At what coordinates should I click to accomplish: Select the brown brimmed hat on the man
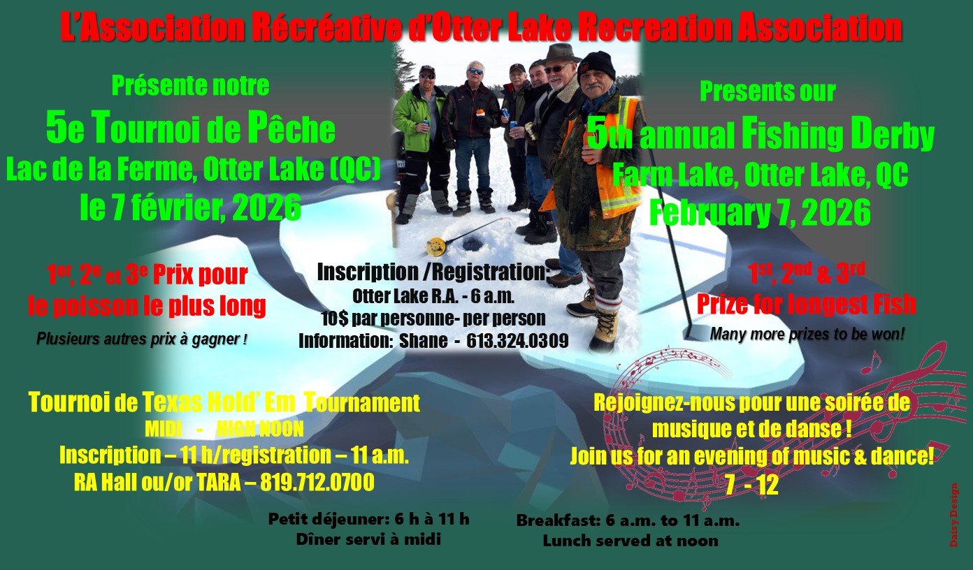pyautogui.click(x=561, y=53)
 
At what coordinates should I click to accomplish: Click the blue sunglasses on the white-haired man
pyautogui.click(x=475, y=71)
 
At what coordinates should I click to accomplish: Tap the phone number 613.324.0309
pyautogui.click(x=517, y=340)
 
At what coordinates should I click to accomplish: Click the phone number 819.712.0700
pyautogui.click(x=317, y=482)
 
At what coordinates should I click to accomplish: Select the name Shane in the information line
pyautogui.click(x=423, y=340)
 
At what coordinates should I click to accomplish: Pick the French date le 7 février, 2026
pyautogui.click(x=190, y=208)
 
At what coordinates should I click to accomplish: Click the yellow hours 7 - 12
pyautogui.click(x=751, y=486)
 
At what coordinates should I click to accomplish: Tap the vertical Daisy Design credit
pyautogui.click(x=954, y=515)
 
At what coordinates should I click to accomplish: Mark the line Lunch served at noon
pyautogui.click(x=630, y=541)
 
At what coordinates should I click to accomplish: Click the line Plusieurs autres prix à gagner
pyautogui.click(x=142, y=339)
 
